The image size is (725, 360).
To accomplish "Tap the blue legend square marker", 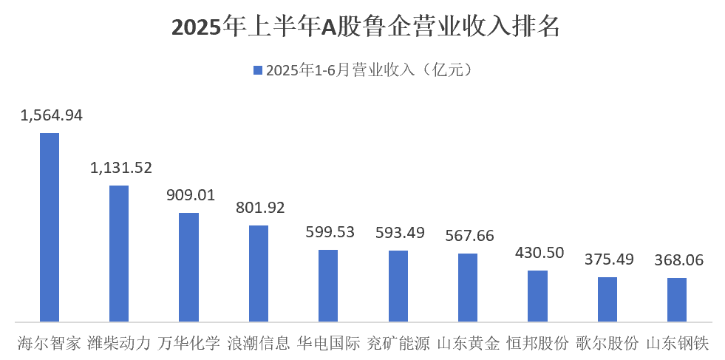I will click(x=258, y=70).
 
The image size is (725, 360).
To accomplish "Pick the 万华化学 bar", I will click(x=188, y=267).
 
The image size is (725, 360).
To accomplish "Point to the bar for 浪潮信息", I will click(x=259, y=274).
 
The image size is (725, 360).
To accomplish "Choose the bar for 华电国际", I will click(x=328, y=285).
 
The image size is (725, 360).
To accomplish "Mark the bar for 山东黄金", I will click(x=468, y=288).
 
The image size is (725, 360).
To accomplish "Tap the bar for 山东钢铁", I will click(x=677, y=299).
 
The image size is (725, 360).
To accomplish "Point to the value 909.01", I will click(x=190, y=196).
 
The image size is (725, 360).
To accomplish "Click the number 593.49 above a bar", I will click(x=399, y=233).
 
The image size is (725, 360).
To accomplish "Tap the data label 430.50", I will click(x=539, y=253).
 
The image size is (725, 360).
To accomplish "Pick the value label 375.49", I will click(x=608, y=259).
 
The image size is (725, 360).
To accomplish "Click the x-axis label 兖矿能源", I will click(x=398, y=344).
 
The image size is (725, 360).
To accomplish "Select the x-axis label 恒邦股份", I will click(x=538, y=344).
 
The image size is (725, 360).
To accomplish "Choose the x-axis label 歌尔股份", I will click(x=607, y=344).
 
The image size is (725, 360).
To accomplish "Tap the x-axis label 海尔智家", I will click(x=50, y=344).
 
